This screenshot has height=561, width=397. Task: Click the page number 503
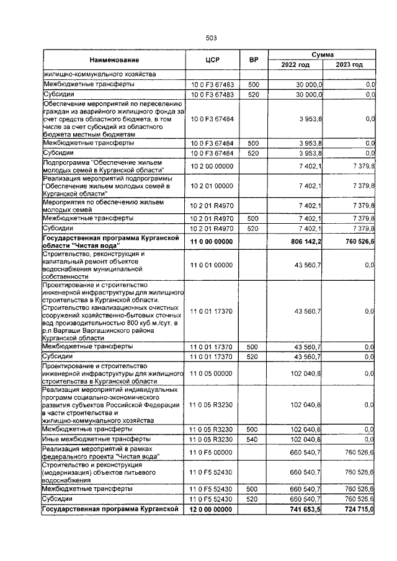[210, 38]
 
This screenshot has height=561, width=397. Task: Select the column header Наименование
[114, 60]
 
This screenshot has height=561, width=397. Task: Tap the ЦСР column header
[213, 60]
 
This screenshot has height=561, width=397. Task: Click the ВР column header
[253, 60]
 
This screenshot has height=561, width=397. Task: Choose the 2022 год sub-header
[295, 65]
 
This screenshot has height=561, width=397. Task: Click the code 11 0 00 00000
[213, 241]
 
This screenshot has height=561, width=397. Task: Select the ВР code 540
[253, 439]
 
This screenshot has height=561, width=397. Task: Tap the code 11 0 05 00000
[213, 374]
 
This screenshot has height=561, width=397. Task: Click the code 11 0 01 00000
[213, 265]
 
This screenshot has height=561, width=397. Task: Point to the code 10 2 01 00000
[213, 185]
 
